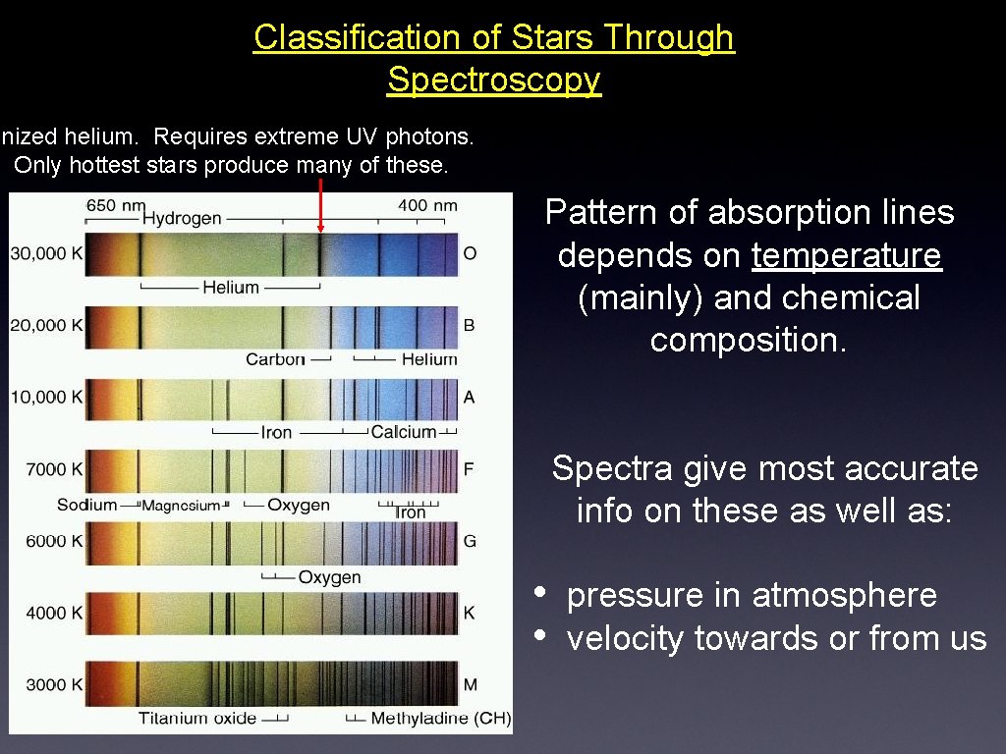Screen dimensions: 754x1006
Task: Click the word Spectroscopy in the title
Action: [x=493, y=79]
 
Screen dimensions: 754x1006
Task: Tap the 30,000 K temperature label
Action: [x=46, y=253]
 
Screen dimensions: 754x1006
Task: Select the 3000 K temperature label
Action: [x=47, y=684]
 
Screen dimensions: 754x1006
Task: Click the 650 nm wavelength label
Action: [x=115, y=205]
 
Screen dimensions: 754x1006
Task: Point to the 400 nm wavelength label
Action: [x=427, y=205]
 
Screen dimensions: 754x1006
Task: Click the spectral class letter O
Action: [x=470, y=253]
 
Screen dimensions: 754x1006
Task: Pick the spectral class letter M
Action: [x=470, y=684]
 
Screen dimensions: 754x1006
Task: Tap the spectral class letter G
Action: [x=470, y=541]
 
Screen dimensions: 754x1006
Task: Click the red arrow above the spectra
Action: [x=320, y=205]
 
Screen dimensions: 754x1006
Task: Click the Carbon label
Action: [x=275, y=359]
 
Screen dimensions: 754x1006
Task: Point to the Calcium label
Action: [x=403, y=432]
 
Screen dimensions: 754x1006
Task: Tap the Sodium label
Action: [x=86, y=505]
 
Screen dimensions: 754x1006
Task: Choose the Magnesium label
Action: [x=181, y=506]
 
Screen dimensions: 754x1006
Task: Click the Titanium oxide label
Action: [x=196, y=719]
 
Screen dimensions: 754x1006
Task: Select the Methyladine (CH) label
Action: [x=440, y=719]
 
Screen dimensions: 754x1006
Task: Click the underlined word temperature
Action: [x=846, y=255]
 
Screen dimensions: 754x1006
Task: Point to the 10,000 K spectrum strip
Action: [x=271, y=398]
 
